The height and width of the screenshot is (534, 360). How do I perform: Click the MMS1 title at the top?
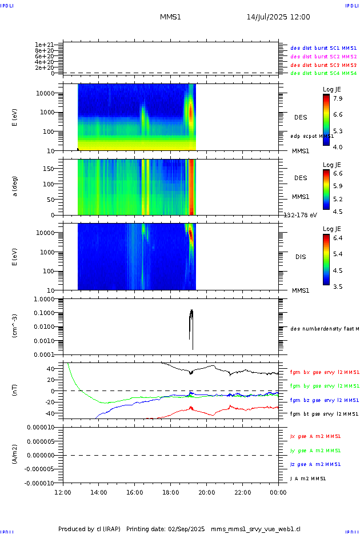point(170,17)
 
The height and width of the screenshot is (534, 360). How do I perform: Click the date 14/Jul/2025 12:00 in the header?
point(278,17)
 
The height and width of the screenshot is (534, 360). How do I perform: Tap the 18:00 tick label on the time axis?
point(170,492)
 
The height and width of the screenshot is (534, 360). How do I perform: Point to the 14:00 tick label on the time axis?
point(99,492)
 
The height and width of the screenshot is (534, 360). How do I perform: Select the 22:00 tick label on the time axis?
point(242,492)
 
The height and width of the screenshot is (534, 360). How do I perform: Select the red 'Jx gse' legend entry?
point(315,436)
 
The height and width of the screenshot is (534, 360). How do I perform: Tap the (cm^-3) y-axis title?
point(15,326)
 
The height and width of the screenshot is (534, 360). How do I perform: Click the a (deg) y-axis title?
point(15,187)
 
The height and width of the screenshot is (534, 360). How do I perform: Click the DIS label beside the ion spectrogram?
point(301,257)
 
